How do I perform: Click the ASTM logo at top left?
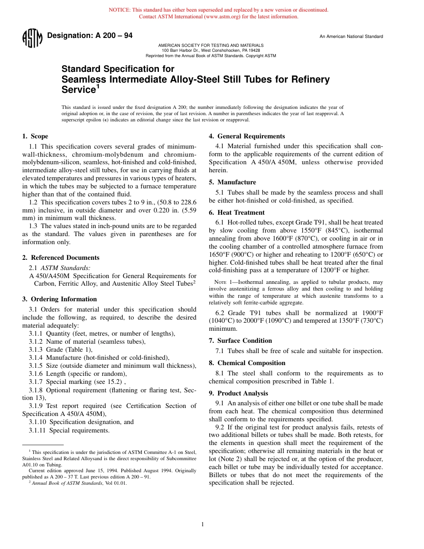(x=32, y=38)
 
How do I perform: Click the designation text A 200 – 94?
(x=89, y=36)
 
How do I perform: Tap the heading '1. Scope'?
(x=35, y=136)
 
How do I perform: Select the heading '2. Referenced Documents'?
(x=61, y=258)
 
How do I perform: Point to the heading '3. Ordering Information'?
(x=59, y=299)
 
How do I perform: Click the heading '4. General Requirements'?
(x=247, y=136)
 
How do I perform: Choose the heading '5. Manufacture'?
(x=233, y=182)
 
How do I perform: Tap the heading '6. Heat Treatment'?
(x=237, y=212)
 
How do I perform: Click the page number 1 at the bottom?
(x=203, y=524)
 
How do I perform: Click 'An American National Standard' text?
(x=351, y=37)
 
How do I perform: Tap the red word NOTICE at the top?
(x=120, y=10)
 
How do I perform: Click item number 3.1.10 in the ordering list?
(x=38, y=422)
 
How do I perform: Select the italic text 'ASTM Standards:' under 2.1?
(x=66, y=268)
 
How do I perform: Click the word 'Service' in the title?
(x=78, y=90)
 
